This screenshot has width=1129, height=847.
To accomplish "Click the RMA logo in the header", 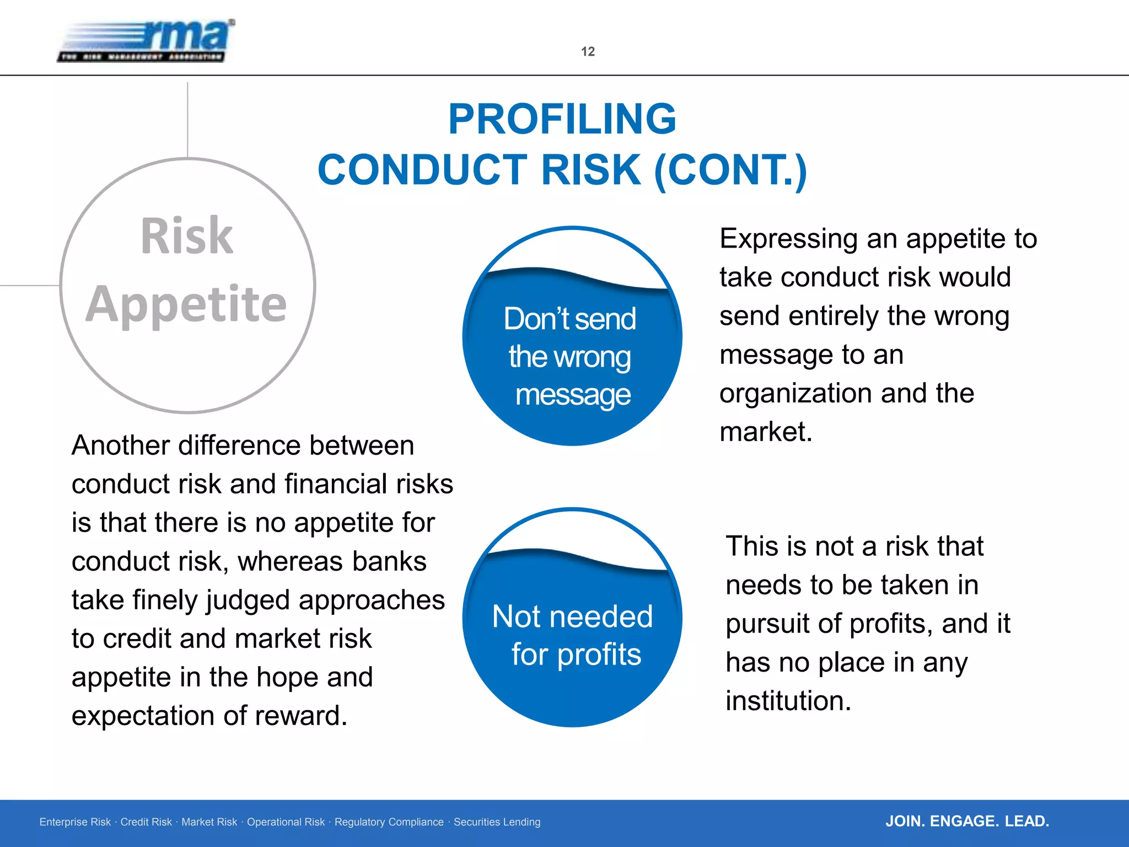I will [x=146, y=41].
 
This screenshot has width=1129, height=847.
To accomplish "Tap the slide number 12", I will [x=588, y=52].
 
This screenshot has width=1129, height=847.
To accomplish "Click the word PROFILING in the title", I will [x=562, y=119].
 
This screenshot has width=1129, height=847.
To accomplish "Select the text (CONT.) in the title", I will [x=730, y=170].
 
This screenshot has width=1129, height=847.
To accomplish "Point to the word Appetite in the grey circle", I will [x=186, y=304].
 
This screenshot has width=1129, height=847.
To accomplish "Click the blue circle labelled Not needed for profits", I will [x=572, y=634].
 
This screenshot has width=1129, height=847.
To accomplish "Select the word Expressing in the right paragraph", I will [x=789, y=239].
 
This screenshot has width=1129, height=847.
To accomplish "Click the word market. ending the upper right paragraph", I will [x=766, y=432].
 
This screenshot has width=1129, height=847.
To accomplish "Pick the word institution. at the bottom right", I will [x=788, y=701].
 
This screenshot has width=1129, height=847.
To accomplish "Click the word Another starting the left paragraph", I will [x=120, y=446].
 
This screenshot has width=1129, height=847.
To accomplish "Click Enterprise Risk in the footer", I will [x=75, y=822].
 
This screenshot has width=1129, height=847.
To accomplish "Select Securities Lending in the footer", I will [x=497, y=822].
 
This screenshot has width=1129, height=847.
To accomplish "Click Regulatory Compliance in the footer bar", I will [x=389, y=822].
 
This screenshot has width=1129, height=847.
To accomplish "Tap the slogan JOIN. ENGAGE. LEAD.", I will [x=967, y=822].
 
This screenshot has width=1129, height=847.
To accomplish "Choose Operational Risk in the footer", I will [x=286, y=822].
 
